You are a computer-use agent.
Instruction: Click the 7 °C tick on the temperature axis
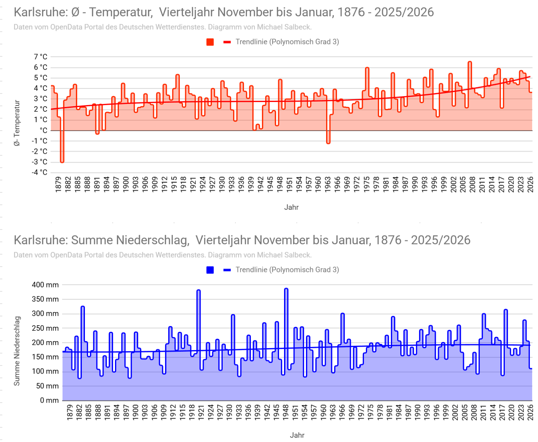pyautogui.click(x=41, y=57)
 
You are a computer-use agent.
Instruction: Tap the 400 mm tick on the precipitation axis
pyautogui.click(x=45, y=285)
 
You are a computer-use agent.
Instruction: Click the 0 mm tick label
pyautogui.click(x=49, y=400)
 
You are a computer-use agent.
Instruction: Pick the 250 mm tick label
pyautogui.click(x=45, y=328)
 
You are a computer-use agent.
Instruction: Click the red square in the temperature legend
pyautogui.click(x=210, y=42)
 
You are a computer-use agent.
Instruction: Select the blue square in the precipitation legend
pyautogui.click(x=210, y=270)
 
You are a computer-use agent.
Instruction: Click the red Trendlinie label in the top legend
pyautogui.click(x=287, y=42)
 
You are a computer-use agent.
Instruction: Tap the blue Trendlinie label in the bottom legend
pyautogui.click(x=287, y=270)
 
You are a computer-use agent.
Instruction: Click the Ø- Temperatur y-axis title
pyautogui.click(x=17, y=123)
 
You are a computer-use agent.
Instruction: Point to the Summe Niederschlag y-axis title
pyautogui.click(x=17, y=351)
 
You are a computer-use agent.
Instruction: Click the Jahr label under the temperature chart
pyautogui.click(x=291, y=207)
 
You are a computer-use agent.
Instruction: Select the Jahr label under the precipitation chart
pyautogui.click(x=297, y=435)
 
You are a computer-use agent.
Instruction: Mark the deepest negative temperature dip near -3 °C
pyautogui.click(x=62, y=161)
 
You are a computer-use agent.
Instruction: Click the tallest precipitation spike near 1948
pyautogui.click(x=286, y=289)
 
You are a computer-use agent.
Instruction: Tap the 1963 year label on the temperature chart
pyautogui.click(x=328, y=184)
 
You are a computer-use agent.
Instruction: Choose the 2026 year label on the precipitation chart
pyautogui.click(x=530, y=412)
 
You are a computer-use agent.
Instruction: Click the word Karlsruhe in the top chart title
pyautogui.click(x=41, y=12)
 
